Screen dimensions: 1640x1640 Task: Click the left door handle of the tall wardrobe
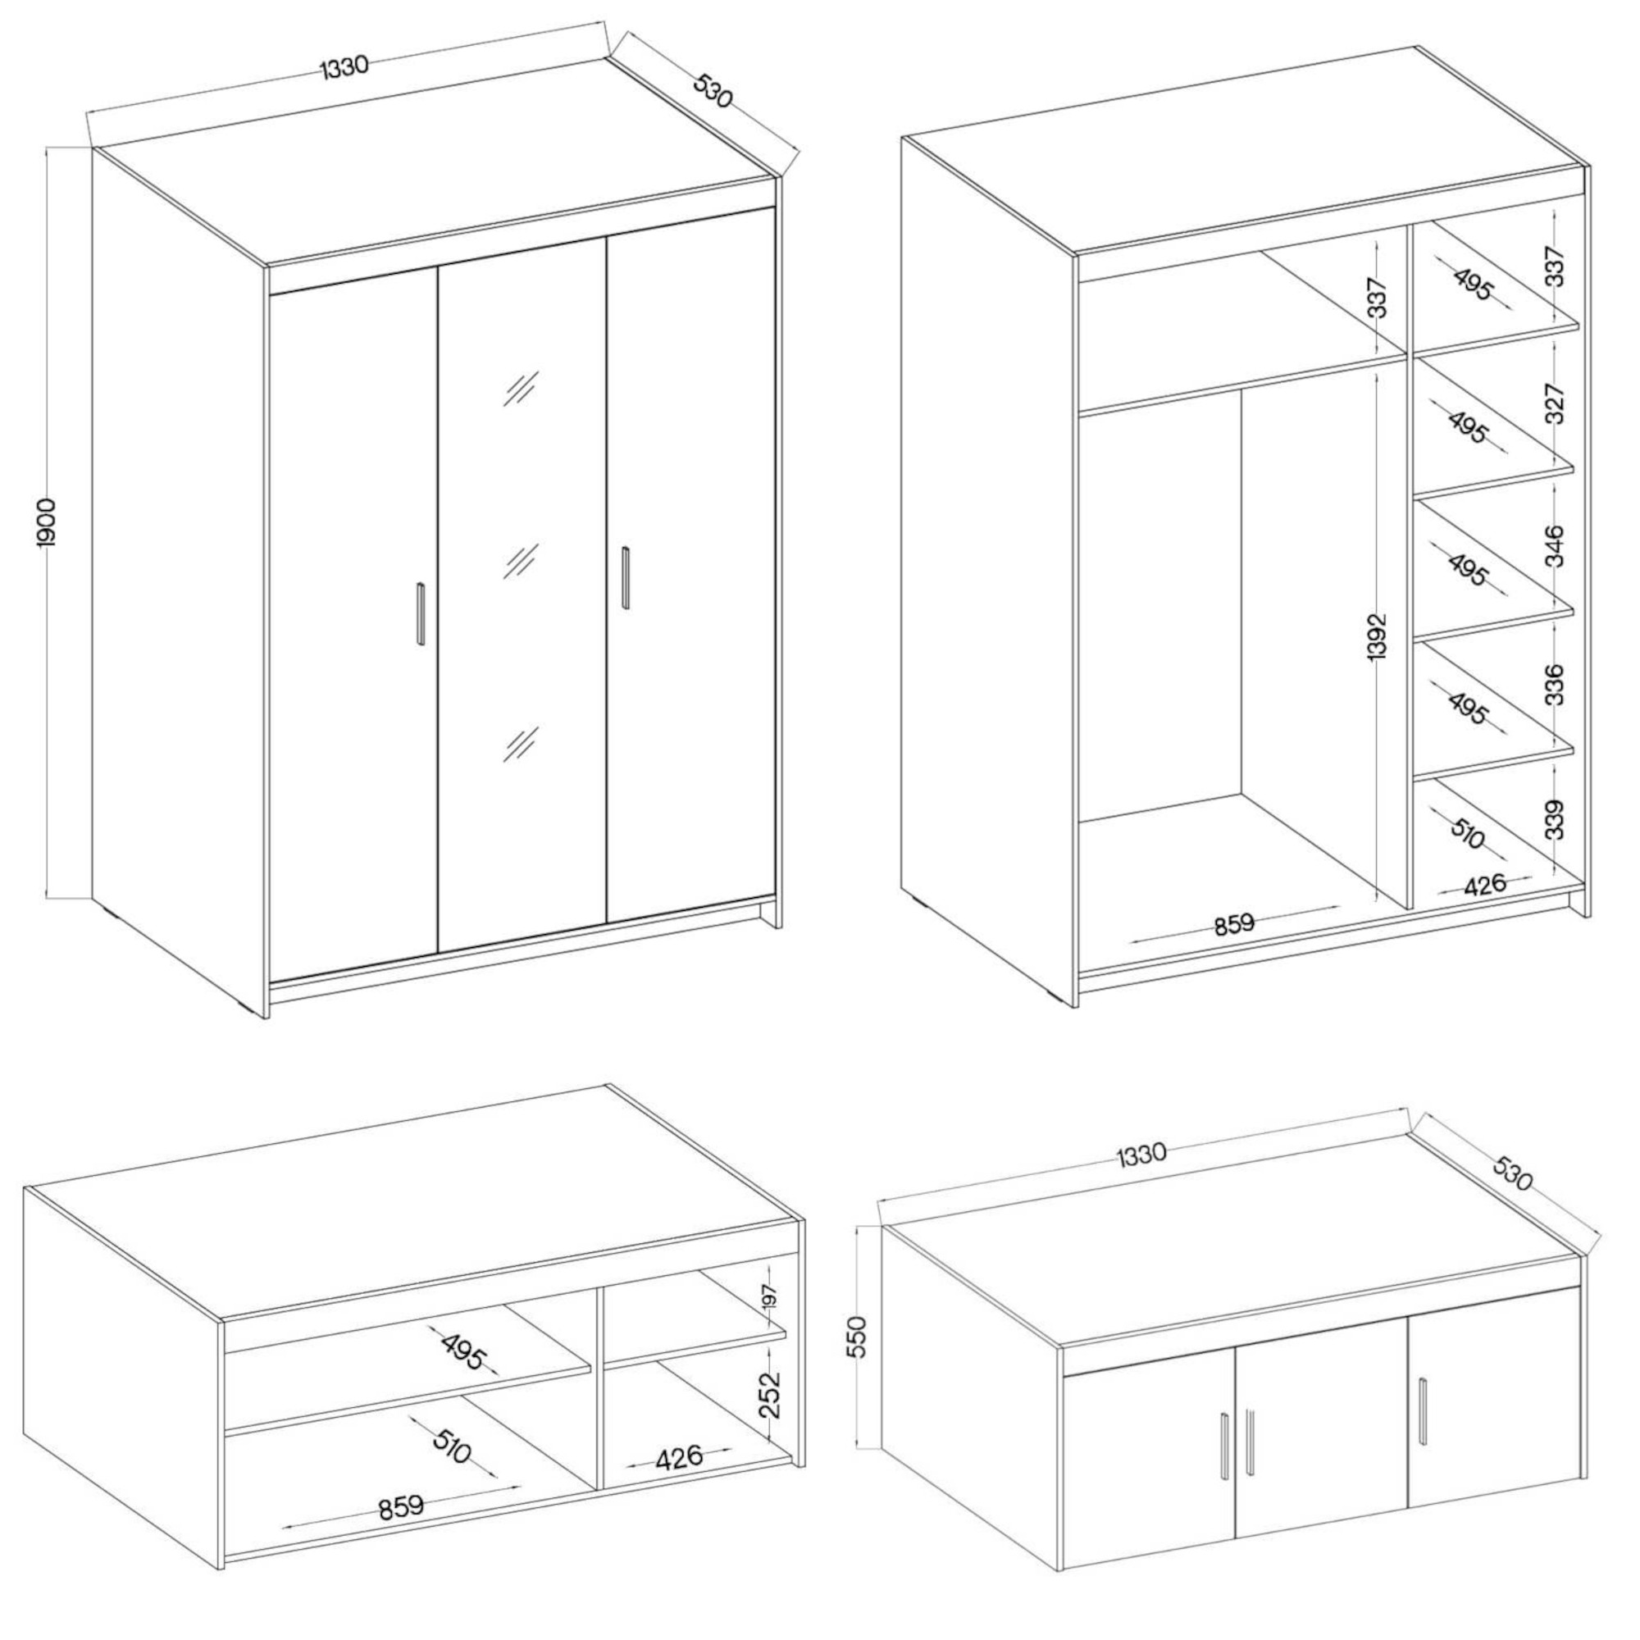point(420,613)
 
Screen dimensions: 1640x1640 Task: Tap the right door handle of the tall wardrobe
point(626,577)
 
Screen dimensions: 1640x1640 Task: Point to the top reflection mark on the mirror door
point(519,388)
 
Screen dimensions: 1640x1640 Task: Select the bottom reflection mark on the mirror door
point(519,744)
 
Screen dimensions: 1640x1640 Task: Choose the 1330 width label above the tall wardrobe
point(344,67)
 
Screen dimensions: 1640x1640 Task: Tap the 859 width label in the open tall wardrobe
point(1233,923)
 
